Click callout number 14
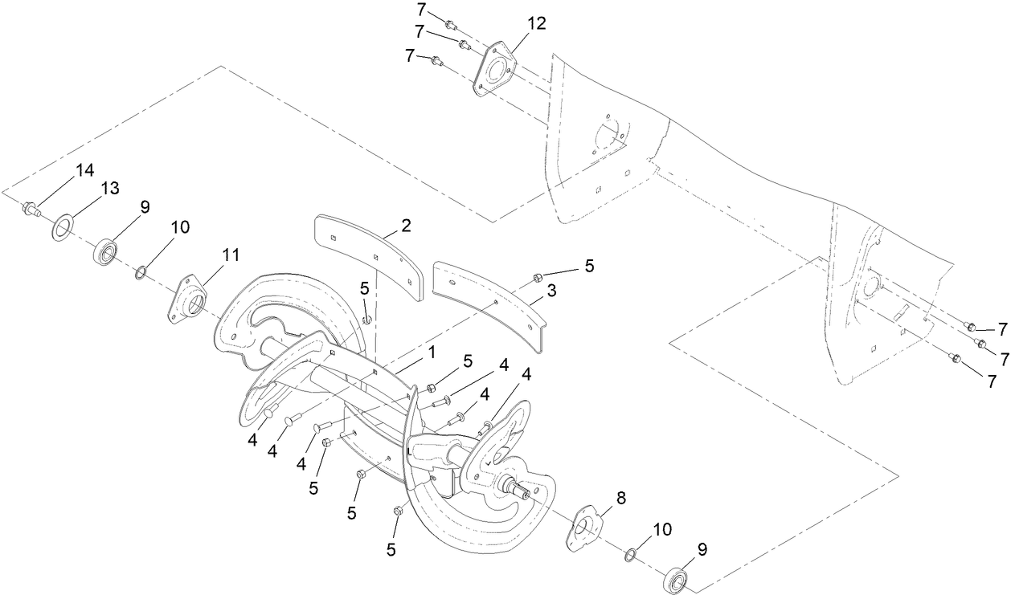pos(84,169)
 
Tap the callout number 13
pos(109,189)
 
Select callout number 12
pos(536,23)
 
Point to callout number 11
pos(231,255)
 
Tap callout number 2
pos(406,226)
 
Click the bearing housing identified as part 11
pos(186,300)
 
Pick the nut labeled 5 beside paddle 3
pos(536,278)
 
